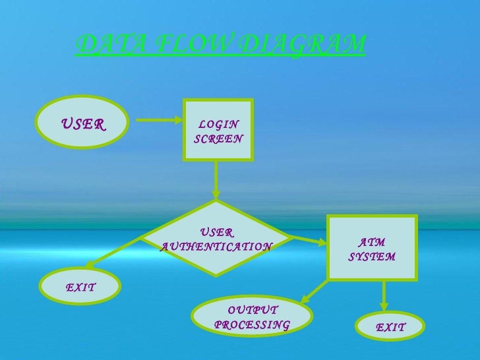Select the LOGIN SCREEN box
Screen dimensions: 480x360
218,130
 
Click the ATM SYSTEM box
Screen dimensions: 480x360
372,248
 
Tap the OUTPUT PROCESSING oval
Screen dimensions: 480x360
252,317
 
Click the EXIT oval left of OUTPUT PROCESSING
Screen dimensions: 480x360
80,287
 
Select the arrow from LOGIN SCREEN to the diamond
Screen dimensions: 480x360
216,179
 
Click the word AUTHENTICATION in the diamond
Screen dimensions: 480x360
217,247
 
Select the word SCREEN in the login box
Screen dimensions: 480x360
219,139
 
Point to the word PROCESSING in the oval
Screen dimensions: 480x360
252,325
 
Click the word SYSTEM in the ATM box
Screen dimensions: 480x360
372,256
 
